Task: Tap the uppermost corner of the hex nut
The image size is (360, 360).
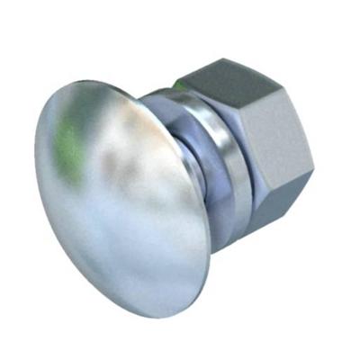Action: (216, 58)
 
